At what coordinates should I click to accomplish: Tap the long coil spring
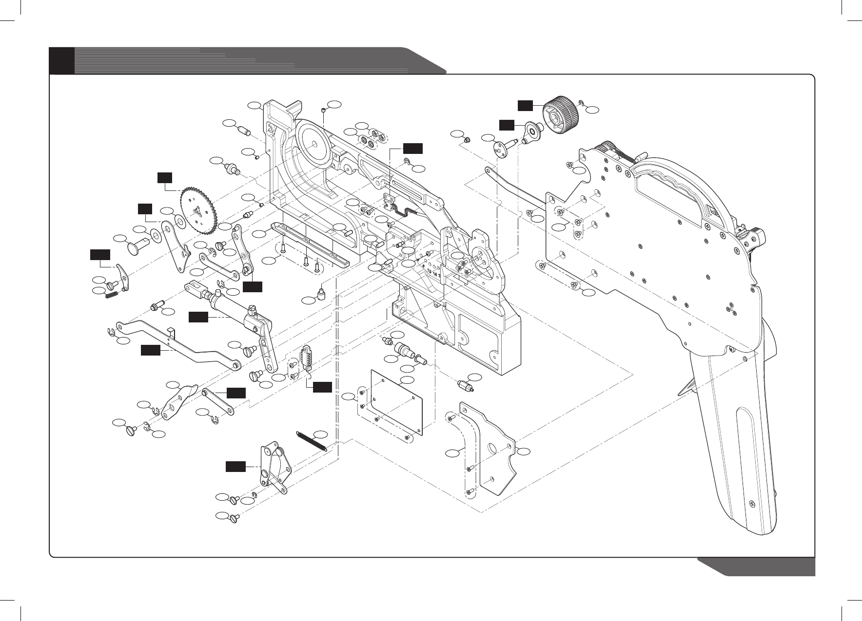click(x=312, y=442)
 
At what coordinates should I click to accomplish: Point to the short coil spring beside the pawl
click(x=112, y=294)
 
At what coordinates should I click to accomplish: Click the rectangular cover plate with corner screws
click(x=396, y=402)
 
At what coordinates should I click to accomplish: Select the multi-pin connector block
click(x=307, y=359)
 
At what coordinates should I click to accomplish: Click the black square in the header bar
click(x=62, y=60)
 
